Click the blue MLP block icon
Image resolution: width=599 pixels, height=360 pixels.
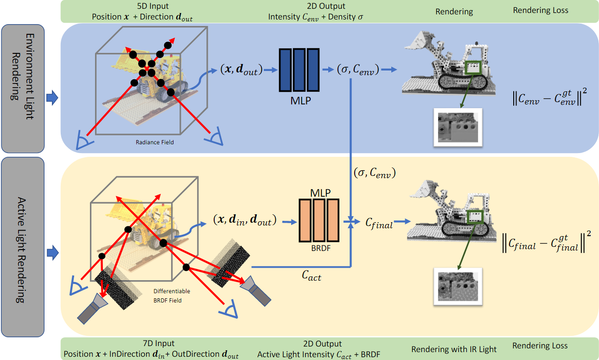point(299,70)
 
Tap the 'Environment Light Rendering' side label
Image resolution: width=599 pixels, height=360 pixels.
point(23,88)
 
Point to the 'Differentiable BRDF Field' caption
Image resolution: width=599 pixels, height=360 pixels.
point(172,296)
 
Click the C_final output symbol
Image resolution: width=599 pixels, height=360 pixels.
point(379,224)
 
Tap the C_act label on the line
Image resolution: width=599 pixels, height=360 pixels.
point(311,277)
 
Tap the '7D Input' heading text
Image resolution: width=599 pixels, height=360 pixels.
point(159,344)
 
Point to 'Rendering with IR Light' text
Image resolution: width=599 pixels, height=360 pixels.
point(453,349)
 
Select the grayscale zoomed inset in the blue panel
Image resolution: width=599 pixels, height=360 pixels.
point(458,128)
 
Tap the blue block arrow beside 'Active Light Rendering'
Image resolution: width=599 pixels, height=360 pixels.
point(52,253)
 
